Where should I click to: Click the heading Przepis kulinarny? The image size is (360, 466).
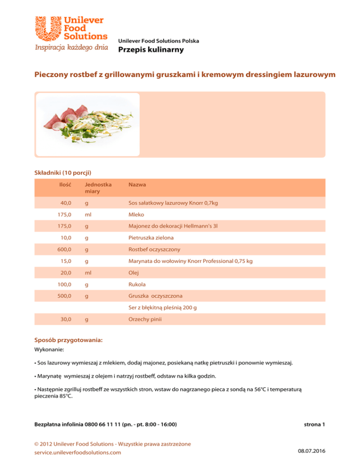pos(150,50)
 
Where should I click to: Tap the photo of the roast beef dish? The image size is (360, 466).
pos(88,125)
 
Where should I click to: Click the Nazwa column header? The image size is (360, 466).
pos(136,185)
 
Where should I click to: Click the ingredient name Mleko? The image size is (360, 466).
pos(137,214)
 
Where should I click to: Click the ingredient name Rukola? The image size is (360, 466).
pos(137,285)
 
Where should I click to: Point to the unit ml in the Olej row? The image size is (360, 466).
pos(87,273)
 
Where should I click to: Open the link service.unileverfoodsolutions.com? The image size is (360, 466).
pos(78,452)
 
